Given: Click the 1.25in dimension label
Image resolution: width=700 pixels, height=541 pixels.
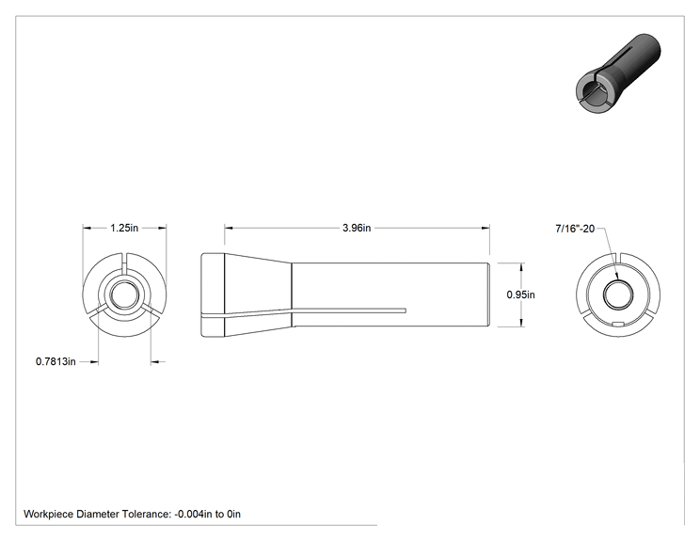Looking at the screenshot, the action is click(124, 228).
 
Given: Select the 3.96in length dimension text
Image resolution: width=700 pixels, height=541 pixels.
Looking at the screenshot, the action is click(357, 228).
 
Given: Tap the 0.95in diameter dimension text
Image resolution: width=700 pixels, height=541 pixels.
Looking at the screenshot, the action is click(520, 294).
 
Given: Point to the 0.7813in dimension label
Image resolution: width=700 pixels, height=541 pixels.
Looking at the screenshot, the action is click(56, 361).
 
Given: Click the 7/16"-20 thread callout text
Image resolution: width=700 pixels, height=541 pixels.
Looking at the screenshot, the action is click(575, 229).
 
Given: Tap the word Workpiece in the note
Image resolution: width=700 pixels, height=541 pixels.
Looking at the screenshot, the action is click(48, 515).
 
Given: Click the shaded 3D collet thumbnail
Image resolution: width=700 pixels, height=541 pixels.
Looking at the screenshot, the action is click(617, 73).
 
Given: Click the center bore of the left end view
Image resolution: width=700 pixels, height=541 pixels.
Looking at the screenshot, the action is click(124, 295).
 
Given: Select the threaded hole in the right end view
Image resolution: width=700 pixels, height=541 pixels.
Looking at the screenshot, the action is click(618, 294).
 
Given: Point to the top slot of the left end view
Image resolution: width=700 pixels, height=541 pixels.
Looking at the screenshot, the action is click(124, 263).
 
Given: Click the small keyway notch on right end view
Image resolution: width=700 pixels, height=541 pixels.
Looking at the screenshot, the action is click(618, 324).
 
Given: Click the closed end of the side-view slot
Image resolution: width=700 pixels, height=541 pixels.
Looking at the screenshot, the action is click(405, 310).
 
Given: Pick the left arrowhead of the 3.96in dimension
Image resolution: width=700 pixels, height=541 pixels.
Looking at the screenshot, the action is click(229, 228).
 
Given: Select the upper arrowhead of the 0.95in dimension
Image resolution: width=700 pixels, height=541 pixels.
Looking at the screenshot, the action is click(522, 267).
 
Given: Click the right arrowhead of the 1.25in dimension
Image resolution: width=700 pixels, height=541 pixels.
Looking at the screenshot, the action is click(163, 228).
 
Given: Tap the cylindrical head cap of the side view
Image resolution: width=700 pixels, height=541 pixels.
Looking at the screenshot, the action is click(213, 295).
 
